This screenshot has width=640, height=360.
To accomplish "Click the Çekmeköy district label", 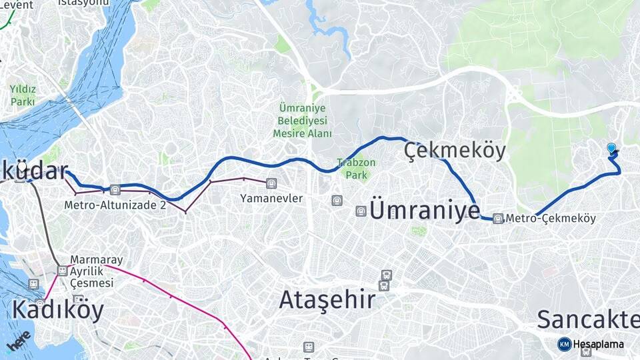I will tap(455, 151).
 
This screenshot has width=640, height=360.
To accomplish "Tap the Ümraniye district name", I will tap(424, 211).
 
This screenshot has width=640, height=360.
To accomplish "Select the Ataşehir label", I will tap(327, 300).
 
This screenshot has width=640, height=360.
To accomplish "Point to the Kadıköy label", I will tap(58, 310).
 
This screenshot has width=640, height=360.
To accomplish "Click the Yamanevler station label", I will tap(271, 198).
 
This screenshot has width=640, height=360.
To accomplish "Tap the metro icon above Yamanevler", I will tap(271, 183).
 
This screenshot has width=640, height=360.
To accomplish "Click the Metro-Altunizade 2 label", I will tap(115, 205).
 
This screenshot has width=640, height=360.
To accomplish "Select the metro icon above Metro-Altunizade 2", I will tap(115, 189).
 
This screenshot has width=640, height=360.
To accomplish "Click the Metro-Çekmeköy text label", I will tap(551, 218).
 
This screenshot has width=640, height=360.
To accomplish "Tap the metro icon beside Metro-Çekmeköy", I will tap(498, 218).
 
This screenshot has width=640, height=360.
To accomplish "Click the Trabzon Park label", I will tap(356, 169).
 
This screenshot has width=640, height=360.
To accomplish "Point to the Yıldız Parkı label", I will tap(23, 95).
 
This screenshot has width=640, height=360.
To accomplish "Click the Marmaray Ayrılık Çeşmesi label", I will tap(93, 271).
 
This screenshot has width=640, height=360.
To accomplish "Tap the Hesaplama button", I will tap(598, 344).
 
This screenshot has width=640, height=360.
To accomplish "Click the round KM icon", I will tap(564, 344).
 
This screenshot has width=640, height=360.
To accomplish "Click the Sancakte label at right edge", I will tap(587, 319).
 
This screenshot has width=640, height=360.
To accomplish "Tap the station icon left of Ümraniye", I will tap(361, 211).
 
